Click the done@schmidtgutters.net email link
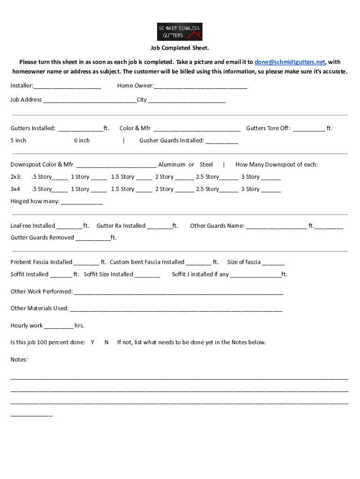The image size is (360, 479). (x=290, y=62)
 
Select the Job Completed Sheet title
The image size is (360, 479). (x=180, y=48)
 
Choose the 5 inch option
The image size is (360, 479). (x=18, y=140)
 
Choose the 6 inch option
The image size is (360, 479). (x=82, y=140)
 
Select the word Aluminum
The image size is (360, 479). (x=172, y=165)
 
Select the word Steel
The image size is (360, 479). (x=206, y=165)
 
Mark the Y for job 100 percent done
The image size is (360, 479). (x=93, y=342)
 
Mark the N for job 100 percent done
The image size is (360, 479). (x=107, y=342)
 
